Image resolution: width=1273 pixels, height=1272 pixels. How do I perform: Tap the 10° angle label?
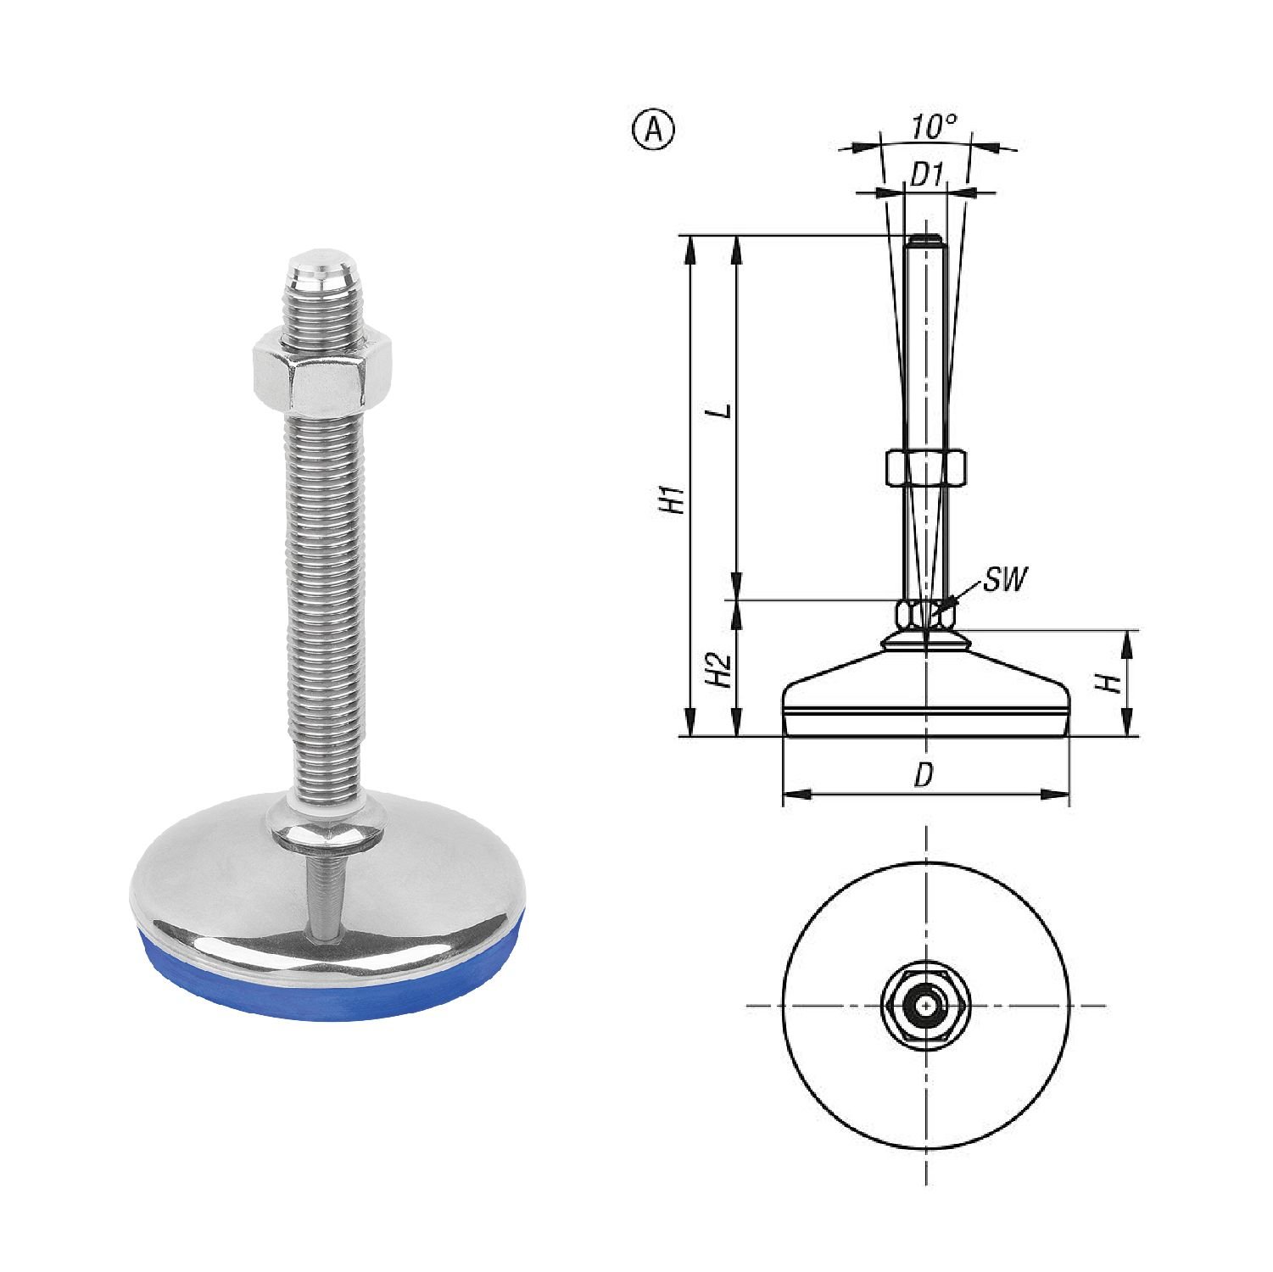(934, 128)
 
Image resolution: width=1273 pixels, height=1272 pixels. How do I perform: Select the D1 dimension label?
(927, 176)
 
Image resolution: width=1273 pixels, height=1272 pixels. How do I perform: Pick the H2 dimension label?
(719, 670)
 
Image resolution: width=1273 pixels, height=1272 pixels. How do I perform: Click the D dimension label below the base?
(924, 774)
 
